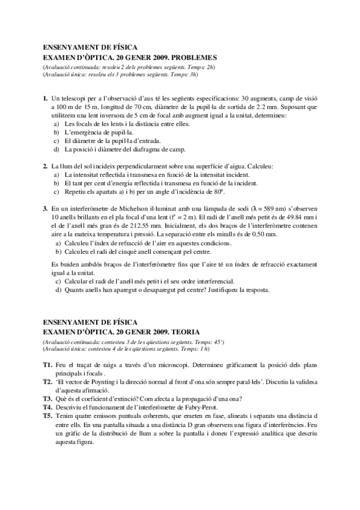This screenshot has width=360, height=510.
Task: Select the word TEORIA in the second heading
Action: tap(183, 331)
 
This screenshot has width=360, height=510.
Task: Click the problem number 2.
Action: tap(45, 165)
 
